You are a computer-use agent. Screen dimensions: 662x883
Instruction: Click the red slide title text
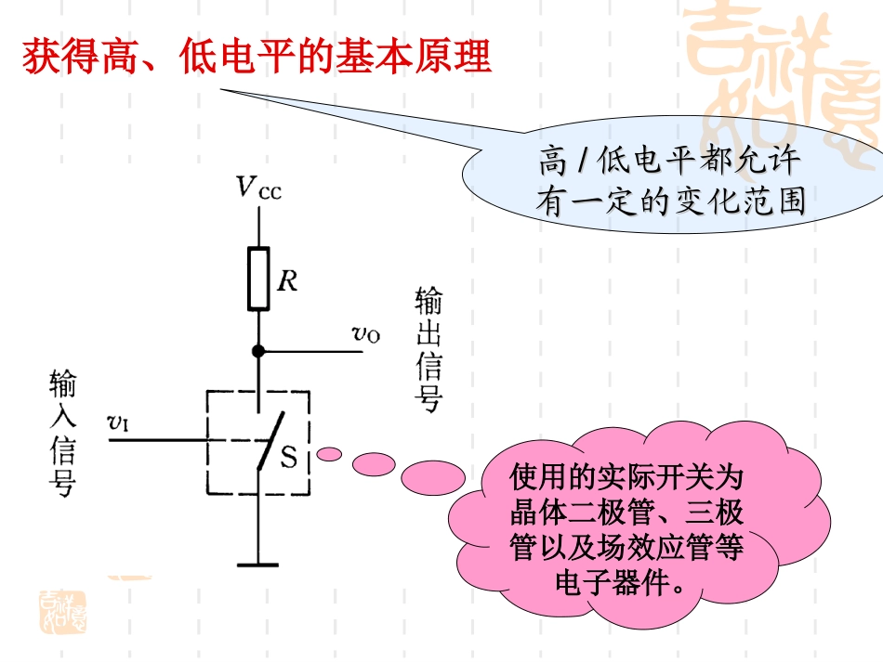tap(256, 57)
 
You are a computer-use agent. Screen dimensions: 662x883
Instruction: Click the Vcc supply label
tap(257, 188)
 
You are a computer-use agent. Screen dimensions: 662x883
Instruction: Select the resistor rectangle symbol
tap(258, 279)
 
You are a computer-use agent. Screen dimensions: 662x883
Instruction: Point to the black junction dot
tap(258, 352)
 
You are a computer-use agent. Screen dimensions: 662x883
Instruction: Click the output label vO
tap(365, 334)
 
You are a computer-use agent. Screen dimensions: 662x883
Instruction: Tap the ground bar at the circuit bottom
tap(257, 564)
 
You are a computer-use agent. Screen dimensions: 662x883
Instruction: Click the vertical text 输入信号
tap(62, 435)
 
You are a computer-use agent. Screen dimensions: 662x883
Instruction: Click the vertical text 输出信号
tap(428, 349)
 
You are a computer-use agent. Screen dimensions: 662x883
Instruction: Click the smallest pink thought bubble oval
tap(328, 454)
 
